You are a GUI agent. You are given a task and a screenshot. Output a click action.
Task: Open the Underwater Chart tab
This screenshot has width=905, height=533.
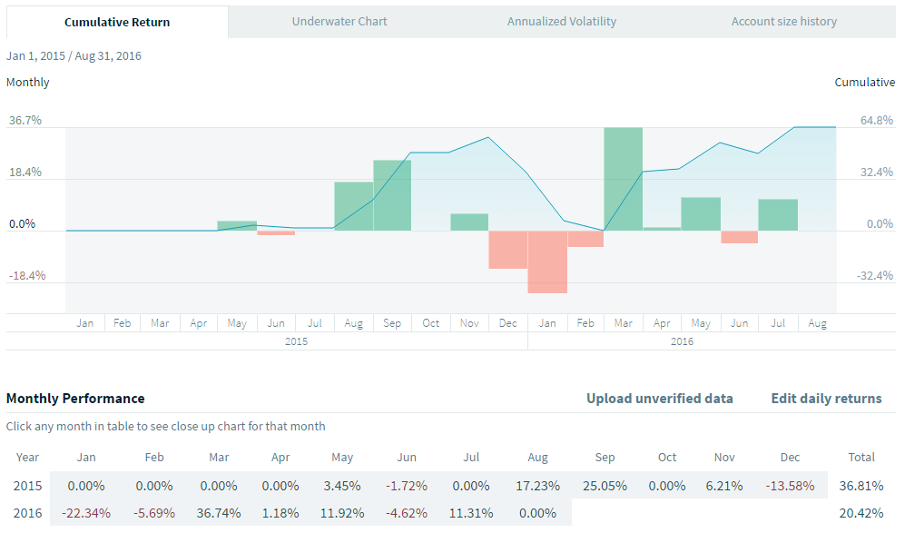[339, 21]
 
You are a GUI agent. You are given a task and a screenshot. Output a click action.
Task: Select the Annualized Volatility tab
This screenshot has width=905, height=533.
[562, 21]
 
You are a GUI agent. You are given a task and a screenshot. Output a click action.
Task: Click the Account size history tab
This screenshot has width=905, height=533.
[784, 21]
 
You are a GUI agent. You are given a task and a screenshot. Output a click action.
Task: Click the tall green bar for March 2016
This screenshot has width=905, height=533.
[624, 179]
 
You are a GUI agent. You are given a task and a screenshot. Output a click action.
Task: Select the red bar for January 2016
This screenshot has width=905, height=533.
[547, 262]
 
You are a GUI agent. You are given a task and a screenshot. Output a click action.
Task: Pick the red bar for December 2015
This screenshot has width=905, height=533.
[508, 250]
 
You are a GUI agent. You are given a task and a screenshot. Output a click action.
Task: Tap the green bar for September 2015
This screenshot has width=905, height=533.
[392, 195]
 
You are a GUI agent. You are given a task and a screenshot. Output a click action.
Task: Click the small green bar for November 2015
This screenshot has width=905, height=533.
[469, 222]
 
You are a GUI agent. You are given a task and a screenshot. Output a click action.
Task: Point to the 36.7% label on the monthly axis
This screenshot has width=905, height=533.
[25, 120]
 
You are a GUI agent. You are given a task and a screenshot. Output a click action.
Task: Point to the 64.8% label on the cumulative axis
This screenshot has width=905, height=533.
[876, 120]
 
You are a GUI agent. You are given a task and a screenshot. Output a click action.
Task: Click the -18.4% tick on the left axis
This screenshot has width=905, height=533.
[25, 275]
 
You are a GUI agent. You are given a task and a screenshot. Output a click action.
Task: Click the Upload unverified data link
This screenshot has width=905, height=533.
[660, 398]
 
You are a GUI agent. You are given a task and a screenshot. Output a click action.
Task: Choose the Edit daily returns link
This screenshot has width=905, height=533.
[826, 398]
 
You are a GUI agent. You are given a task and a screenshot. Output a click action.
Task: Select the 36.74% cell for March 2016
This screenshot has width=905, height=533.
[219, 513]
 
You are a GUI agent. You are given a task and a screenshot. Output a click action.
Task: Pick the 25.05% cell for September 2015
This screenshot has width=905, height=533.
[605, 486]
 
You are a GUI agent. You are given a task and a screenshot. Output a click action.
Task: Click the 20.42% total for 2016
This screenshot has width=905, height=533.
[861, 513]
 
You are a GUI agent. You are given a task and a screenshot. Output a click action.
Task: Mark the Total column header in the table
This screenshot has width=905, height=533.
[861, 457]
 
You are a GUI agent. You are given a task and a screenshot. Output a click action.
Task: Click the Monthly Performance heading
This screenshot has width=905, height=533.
[75, 398]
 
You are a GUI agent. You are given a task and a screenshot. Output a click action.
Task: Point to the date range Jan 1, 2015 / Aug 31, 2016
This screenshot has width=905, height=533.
[74, 55]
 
